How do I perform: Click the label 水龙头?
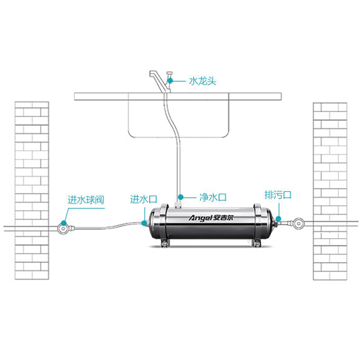pyautogui.click(x=202, y=81)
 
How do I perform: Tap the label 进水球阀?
pyautogui.click(x=86, y=200)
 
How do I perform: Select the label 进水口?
pyautogui.click(x=144, y=199)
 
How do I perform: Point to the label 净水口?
pyautogui.click(x=213, y=197)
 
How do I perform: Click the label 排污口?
pyautogui.click(x=278, y=195)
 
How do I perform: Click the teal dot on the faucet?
pyautogui.click(x=170, y=81)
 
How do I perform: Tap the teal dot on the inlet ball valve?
pyautogui.click(x=64, y=223)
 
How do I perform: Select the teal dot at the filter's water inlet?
pyautogui.click(x=144, y=223)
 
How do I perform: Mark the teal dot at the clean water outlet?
pyautogui.click(x=181, y=197)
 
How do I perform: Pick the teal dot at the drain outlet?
pyautogui.click(x=278, y=219)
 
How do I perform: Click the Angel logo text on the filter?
pyautogui.click(x=200, y=218)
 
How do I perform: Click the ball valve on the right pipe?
pyautogui.click(x=299, y=223)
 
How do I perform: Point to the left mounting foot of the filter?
pyautogui.click(x=165, y=243)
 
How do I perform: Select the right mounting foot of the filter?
pyautogui.click(x=256, y=243)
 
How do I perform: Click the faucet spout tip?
pyautogui.click(x=151, y=74)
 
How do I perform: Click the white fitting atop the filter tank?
pyautogui.click(x=178, y=205)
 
